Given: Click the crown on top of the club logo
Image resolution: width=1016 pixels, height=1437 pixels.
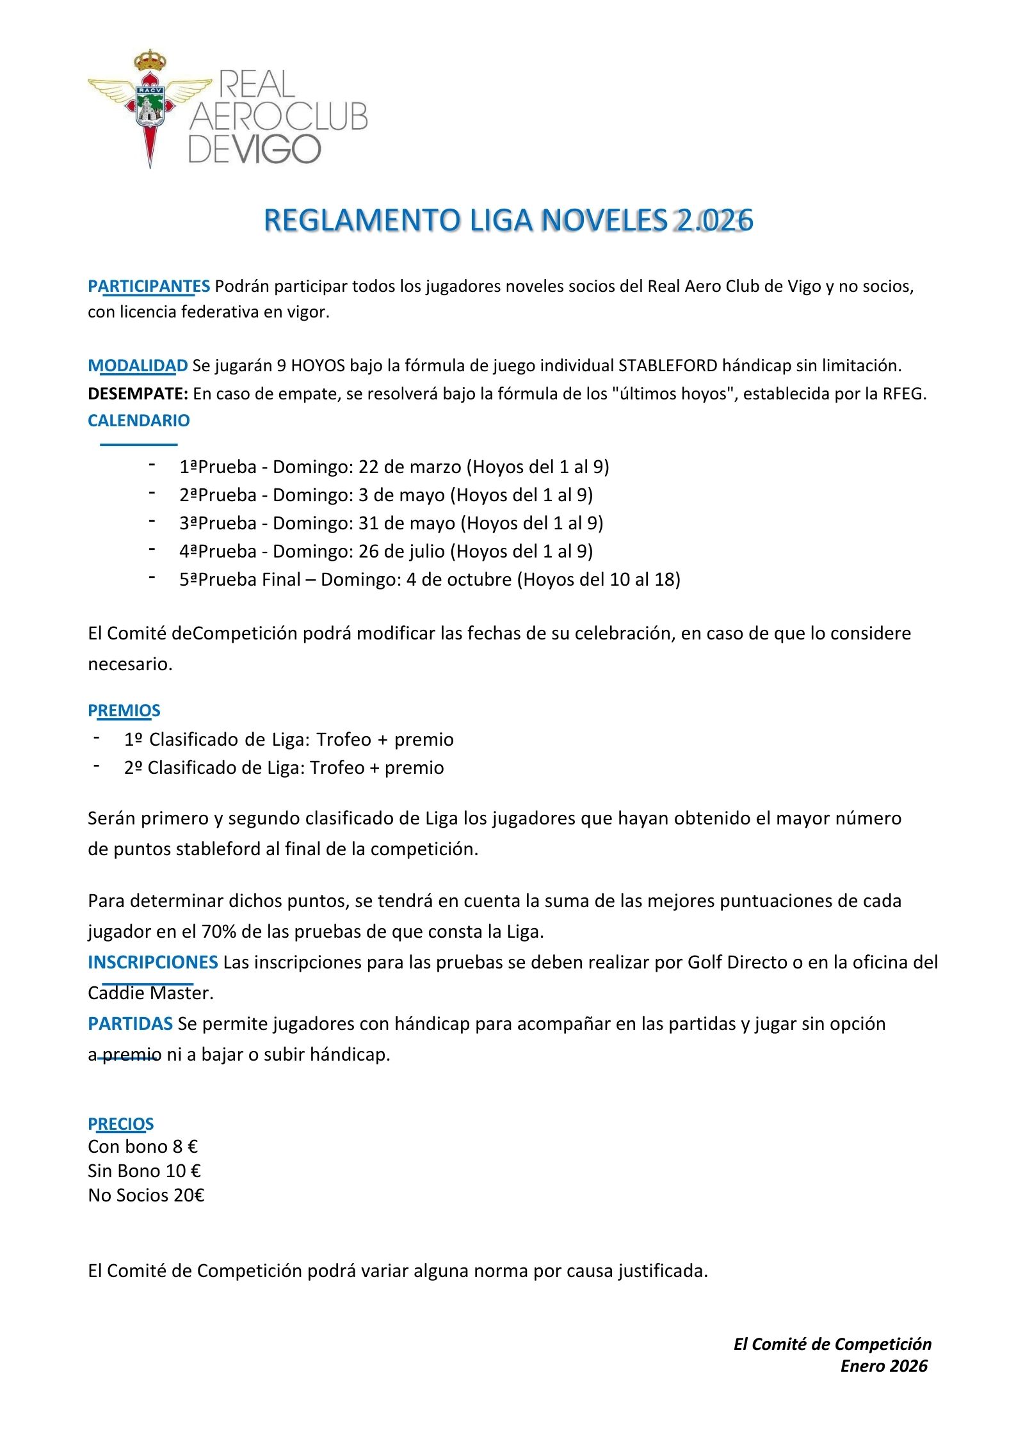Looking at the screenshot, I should click(150, 61).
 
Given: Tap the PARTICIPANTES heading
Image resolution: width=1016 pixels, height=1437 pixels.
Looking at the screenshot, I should click(149, 286).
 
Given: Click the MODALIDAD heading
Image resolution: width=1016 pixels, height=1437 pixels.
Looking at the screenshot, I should click(138, 365).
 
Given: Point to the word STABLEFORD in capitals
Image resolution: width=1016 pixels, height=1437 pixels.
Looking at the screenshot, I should click(668, 365).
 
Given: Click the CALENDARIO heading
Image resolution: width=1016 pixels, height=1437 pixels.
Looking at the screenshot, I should click(139, 421).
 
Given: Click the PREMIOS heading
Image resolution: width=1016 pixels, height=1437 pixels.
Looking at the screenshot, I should click(124, 710).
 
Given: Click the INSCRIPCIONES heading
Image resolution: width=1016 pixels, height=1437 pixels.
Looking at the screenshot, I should click(153, 962).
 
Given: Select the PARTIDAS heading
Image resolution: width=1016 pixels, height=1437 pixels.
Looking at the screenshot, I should click(130, 1024).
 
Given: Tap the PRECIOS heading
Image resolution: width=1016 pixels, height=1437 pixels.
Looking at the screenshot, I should click(121, 1124).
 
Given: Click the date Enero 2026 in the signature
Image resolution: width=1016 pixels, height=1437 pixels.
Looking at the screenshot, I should click(883, 1366).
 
